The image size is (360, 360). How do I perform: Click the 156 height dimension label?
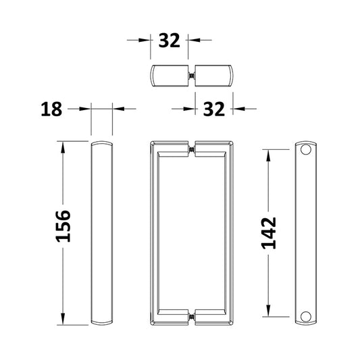tap(63, 226)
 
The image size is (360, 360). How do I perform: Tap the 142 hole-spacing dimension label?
tap(269, 233)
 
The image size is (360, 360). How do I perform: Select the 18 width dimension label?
tap(51, 109)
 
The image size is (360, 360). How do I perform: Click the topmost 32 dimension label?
tap(170, 41)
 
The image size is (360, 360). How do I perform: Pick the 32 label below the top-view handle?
tap(213, 109)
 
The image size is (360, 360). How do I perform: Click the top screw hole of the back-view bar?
tap(306, 149)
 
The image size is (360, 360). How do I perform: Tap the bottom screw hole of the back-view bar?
tap(306, 316)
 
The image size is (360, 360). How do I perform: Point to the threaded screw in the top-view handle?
tap(191, 76)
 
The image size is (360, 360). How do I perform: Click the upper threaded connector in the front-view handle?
tap(191, 150)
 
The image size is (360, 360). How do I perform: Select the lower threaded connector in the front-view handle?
tap(191, 317)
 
